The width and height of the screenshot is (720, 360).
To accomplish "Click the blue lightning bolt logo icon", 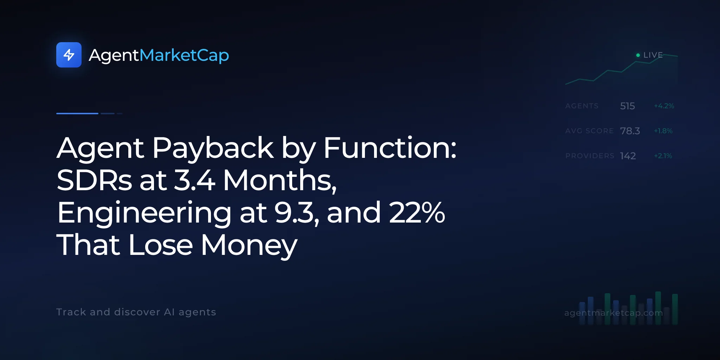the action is [x=69, y=55].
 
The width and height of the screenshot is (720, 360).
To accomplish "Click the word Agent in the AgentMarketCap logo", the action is [x=114, y=56].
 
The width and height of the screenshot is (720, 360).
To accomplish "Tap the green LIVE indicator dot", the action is [x=638, y=55].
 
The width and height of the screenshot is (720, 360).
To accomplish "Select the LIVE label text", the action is [x=653, y=55].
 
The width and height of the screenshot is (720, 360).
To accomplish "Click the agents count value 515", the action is [x=628, y=106].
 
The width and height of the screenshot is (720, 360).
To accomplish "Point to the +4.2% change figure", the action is [x=664, y=106].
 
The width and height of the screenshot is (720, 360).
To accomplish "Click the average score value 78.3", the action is [x=630, y=131].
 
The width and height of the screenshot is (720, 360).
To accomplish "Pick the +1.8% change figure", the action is [x=663, y=131].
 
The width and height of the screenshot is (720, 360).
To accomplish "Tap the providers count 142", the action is [x=628, y=156].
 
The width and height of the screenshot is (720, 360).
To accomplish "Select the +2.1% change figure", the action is [x=663, y=156].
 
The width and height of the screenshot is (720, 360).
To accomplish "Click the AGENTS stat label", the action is [x=582, y=106].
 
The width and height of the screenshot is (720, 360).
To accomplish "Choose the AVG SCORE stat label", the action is [x=590, y=131].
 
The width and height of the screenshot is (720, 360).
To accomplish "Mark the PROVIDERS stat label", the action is [x=590, y=156].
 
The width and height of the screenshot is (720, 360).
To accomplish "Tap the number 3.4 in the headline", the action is [x=195, y=180].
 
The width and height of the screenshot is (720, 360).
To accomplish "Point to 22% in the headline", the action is [x=417, y=212].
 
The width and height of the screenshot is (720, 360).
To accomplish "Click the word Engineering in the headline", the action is [x=144, y=214].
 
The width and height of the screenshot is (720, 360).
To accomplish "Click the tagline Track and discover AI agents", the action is [x=136, y=312].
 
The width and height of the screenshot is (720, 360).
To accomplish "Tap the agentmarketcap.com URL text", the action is [x=613, y=313].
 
